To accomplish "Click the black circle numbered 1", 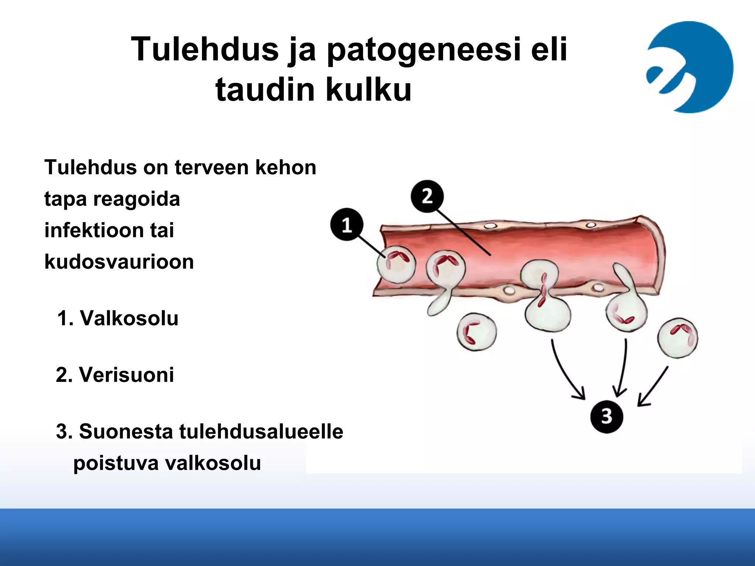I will pos(347,224).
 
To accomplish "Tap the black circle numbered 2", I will pos(427,196).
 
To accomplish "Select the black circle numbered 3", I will pos(606,416).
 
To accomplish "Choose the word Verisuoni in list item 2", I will pos(126,375).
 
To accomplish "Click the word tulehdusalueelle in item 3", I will pos(261,432).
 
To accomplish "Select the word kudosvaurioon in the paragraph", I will pos(119,262).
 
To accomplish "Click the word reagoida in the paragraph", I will pos(137,199).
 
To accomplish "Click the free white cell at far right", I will pos(678,338).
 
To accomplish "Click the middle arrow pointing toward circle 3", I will pos(623,368).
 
